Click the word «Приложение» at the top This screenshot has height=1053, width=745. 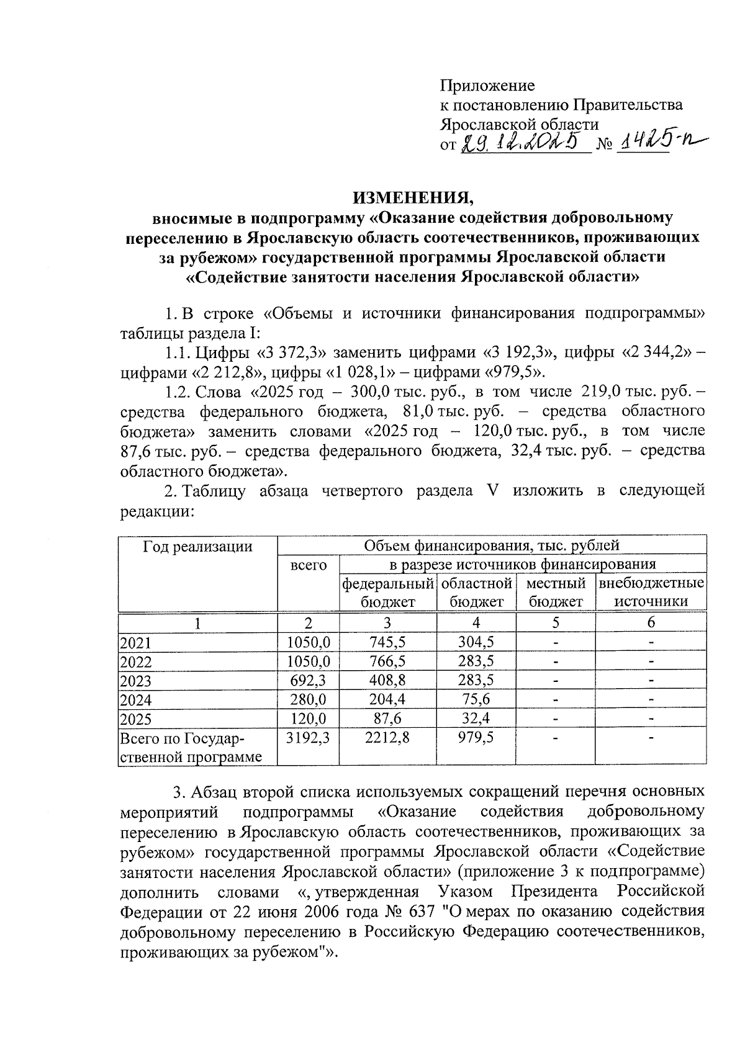click(x=487, y=86)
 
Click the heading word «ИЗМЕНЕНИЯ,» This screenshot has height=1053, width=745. click(x=413, y=198)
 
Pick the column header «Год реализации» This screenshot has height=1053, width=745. click(x=197, y=546)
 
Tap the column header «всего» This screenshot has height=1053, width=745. click(x=309, y=565)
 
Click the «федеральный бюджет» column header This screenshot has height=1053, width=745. click(x=387, y=592)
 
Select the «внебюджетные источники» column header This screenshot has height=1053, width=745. click(x=651, y=592)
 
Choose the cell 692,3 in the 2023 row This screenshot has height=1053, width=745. click(x=309, y=681)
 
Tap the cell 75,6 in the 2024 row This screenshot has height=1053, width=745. click(x=476, y=700)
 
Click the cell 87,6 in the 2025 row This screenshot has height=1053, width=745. click(x=387, y=719)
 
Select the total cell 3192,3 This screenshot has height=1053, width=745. click(x=309, y=738)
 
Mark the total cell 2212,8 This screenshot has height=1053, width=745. click(x=387, y=738)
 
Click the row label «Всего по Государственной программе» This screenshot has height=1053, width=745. click(x=190, y=748)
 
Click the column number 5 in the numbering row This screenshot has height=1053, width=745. click(x=555, y=622)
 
